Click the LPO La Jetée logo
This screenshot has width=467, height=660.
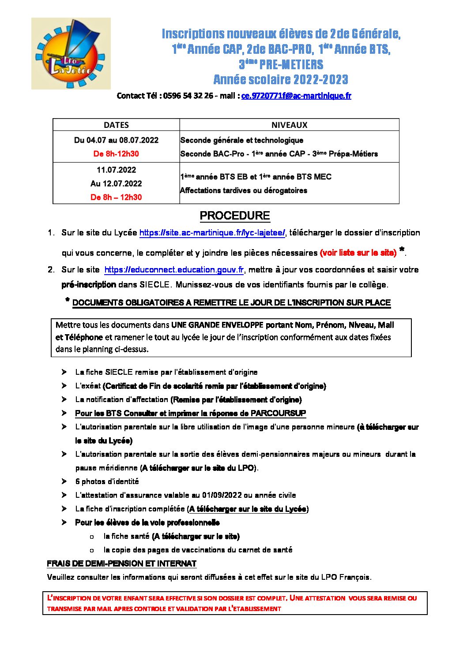click(x=71, y=53)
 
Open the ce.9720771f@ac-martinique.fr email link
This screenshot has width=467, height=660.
click(x=296, y=96)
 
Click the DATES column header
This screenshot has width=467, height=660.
click(x=116, y=125)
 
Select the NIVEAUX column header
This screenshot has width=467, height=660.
click(x=289, y=125)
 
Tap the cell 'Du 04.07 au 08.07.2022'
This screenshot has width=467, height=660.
click(x=116, y=140)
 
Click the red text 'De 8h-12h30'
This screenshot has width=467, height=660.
click(x=116, y=154)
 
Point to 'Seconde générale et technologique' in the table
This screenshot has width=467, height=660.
click(x=242, y=140)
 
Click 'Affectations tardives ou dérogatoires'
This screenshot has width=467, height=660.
click(x=244, y=190)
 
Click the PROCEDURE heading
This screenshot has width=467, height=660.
click(x=234, y=216)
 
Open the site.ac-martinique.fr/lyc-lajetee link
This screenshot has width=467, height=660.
click(x=212, y=233)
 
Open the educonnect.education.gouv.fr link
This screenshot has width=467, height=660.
click(x=174, y=269)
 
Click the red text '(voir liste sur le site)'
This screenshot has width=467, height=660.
click(x=358, y=253)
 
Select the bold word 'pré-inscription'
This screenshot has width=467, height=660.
click(x=89, y=284)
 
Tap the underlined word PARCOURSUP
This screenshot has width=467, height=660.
click(x=278, y=413)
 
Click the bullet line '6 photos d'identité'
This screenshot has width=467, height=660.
click(x=107, y=481)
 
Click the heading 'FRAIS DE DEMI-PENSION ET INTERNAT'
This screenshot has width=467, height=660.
click(x=121, y=563)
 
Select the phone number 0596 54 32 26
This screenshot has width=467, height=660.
click(x=188, y=96)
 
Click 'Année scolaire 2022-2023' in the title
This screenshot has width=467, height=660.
click(x=281, y=80)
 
